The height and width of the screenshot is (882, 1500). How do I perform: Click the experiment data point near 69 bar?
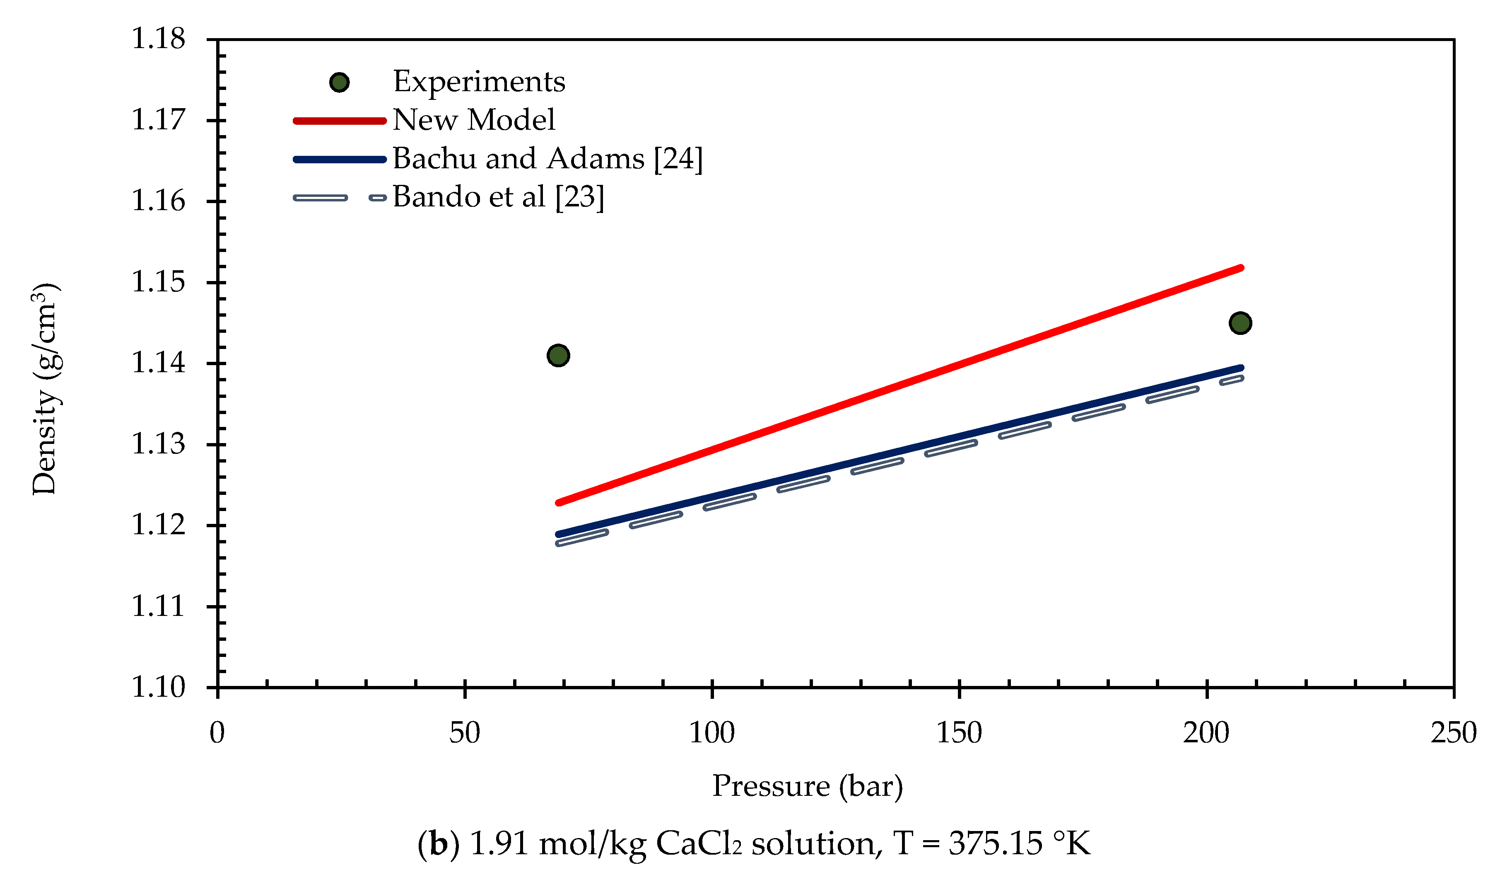558,356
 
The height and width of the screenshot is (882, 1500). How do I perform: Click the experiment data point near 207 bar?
1240,323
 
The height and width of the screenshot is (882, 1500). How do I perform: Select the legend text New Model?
473,120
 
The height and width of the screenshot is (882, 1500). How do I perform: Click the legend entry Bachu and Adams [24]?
547,158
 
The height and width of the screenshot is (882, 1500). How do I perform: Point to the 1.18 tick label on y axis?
158,39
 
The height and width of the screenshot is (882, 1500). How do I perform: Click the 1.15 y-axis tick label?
158,282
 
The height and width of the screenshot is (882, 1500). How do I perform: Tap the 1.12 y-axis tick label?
158,525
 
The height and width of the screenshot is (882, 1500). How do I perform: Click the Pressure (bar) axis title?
807,786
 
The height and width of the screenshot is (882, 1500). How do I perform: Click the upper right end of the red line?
1240,268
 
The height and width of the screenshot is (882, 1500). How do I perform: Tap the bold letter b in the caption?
438,844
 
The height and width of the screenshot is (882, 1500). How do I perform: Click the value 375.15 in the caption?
995,844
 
